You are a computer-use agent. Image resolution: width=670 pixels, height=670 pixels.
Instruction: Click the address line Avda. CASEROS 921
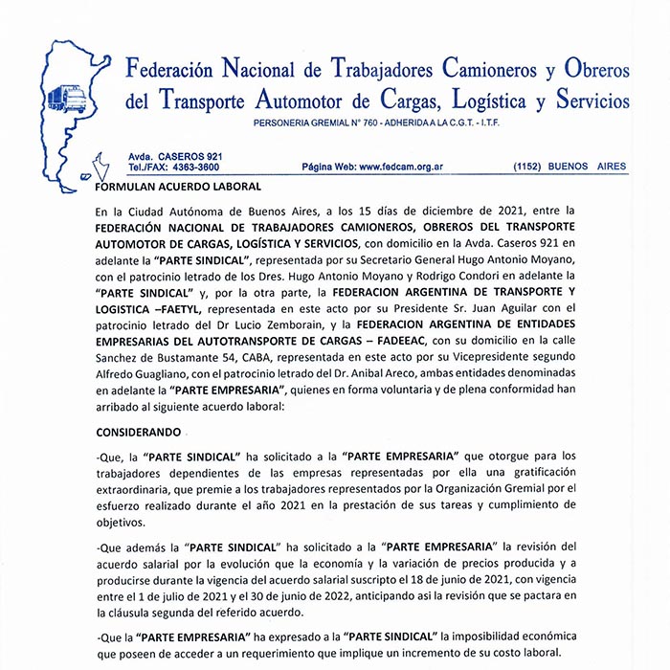176,155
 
